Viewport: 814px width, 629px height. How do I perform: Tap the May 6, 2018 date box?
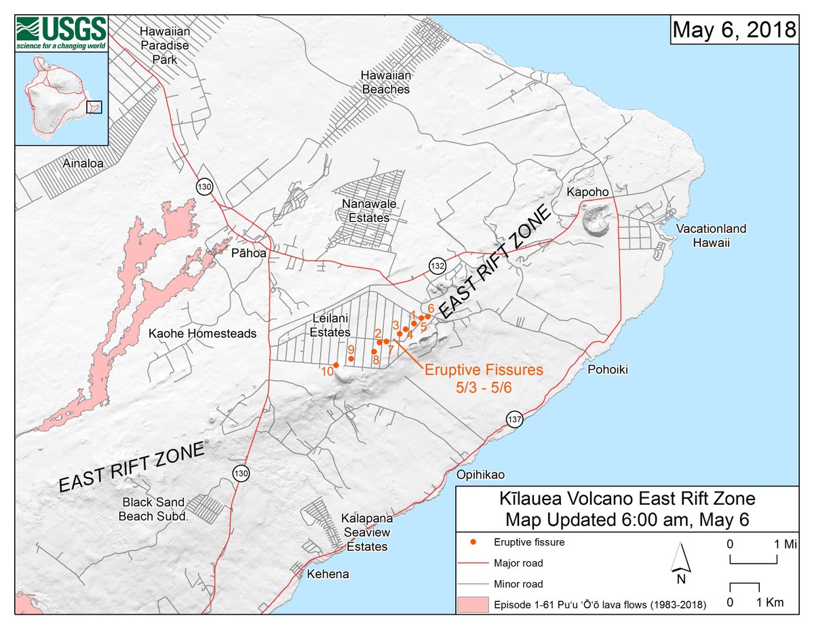pos(733,30)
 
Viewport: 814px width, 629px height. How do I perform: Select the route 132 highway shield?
pos(438,263)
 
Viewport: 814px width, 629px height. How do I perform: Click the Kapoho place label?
pos(585,193)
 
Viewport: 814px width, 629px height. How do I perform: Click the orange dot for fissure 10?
pos(336,364)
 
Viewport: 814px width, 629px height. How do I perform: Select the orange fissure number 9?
pos(351,349)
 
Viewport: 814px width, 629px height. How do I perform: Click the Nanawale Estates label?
pos(366,211)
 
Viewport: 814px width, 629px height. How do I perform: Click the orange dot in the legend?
pos(473,542)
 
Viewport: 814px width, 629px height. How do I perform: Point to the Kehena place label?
pos(328,574)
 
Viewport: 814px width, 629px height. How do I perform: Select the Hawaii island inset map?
pos(62,98)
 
